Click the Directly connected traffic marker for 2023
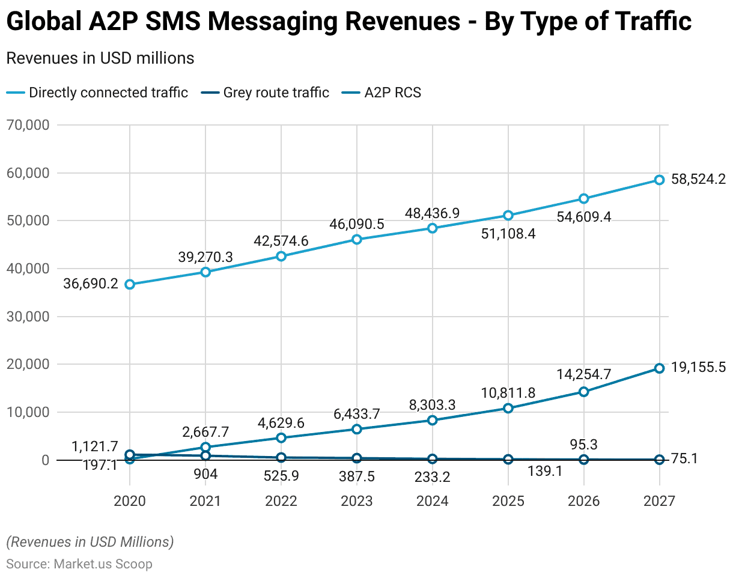357,239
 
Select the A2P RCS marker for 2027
659,368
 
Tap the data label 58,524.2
698,180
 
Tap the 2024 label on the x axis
432,501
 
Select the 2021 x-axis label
205,501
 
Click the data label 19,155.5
698,368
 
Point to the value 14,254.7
584,374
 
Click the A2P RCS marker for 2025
508,408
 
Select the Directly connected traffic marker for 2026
583,198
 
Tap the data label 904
205,475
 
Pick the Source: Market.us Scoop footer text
79,564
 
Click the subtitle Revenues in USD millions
100,58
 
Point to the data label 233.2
432,477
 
